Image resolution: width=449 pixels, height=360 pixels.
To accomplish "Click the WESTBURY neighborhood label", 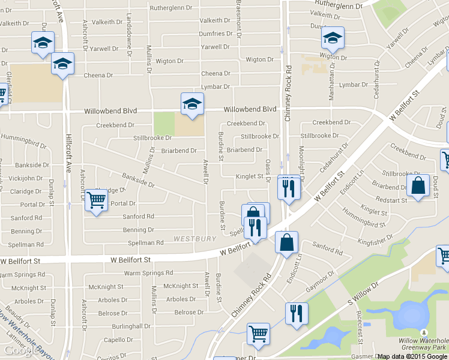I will point(194,239).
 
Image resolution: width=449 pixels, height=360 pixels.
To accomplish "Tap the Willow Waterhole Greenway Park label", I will point(423,344).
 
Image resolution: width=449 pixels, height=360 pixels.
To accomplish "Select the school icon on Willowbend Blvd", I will point(192,104).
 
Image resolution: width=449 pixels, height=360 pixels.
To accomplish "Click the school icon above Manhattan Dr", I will point(332,38).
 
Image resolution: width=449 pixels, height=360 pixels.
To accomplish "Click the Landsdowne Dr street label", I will point(130,37).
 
